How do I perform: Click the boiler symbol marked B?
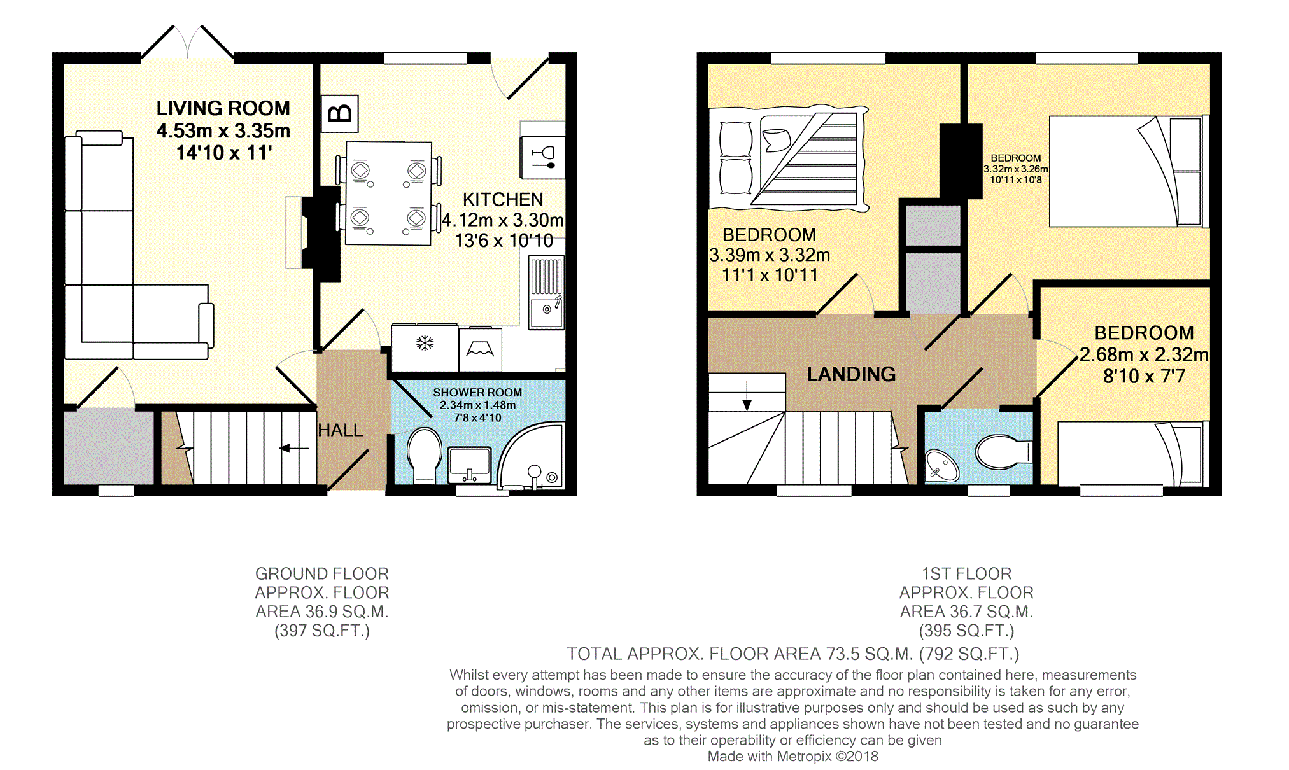point(340,114)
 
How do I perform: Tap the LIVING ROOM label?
point(223,108)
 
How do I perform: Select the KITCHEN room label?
point(503,200)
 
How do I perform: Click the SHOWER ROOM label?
point(477,393)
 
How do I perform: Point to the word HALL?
point(341,431)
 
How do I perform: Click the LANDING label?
point(851,374)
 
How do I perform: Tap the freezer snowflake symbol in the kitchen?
point(425,344)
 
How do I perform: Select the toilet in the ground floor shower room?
point(424,453)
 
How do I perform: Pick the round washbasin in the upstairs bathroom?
point(941,465)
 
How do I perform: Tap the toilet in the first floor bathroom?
point(1001,451)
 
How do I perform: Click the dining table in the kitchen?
point(388,193)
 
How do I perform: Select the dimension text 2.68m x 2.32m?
point(1144,354)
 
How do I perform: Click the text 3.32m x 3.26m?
point(1015,169)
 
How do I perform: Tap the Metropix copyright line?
point(792,757)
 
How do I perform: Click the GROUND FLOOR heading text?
point(321,574)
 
